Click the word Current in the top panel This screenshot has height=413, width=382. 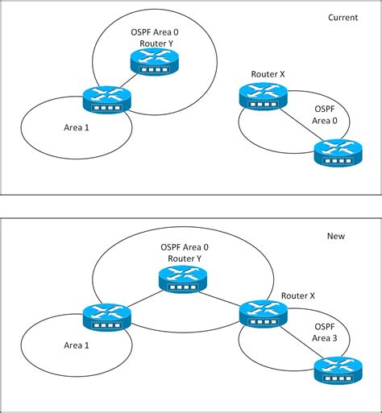pyautogui.click(x=343, y=17)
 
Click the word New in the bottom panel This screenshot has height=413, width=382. pyautogui.click(x=335, y=236)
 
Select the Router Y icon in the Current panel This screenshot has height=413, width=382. pyautogui.click(x=153, y=61)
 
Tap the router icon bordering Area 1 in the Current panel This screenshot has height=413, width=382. pyautogui.click(x=106, y=100)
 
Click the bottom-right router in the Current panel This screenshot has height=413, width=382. pyautogui.click(x=337, y=151)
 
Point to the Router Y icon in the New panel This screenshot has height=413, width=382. pyautogui.click(x=183, y=279)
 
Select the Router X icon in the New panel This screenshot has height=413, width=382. pyautogui.click(x=263, y=312)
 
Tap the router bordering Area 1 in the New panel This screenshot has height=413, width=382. pyautogui.click(x=106, y=316)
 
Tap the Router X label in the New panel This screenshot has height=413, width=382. pyautogui.click(x=298, y=296)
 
